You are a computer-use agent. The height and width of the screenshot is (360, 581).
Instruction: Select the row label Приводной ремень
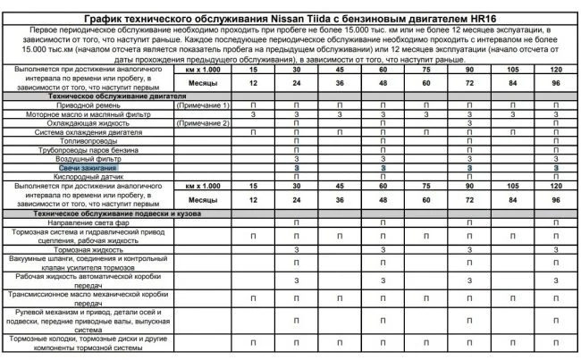(88, 106)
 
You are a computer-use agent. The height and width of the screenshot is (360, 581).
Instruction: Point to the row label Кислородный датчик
(88, 177)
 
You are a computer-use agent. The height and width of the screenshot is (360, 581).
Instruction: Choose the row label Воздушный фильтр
(88, 159)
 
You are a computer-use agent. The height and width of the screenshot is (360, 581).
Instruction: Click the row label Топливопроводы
(88, 141)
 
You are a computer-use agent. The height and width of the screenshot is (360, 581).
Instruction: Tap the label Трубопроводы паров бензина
(88, 150)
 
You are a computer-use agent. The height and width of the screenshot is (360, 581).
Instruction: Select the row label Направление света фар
(88, 222)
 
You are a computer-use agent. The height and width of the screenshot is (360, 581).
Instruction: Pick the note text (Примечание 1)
(204, 106)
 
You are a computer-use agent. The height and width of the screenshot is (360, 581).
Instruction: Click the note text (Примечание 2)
(204, 123)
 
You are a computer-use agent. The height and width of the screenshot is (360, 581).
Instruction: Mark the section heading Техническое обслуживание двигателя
(88, 97)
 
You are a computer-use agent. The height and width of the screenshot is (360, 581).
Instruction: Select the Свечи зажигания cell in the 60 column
(383, 168)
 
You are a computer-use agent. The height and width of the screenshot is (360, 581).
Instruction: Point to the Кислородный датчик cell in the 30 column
(296, 177)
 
